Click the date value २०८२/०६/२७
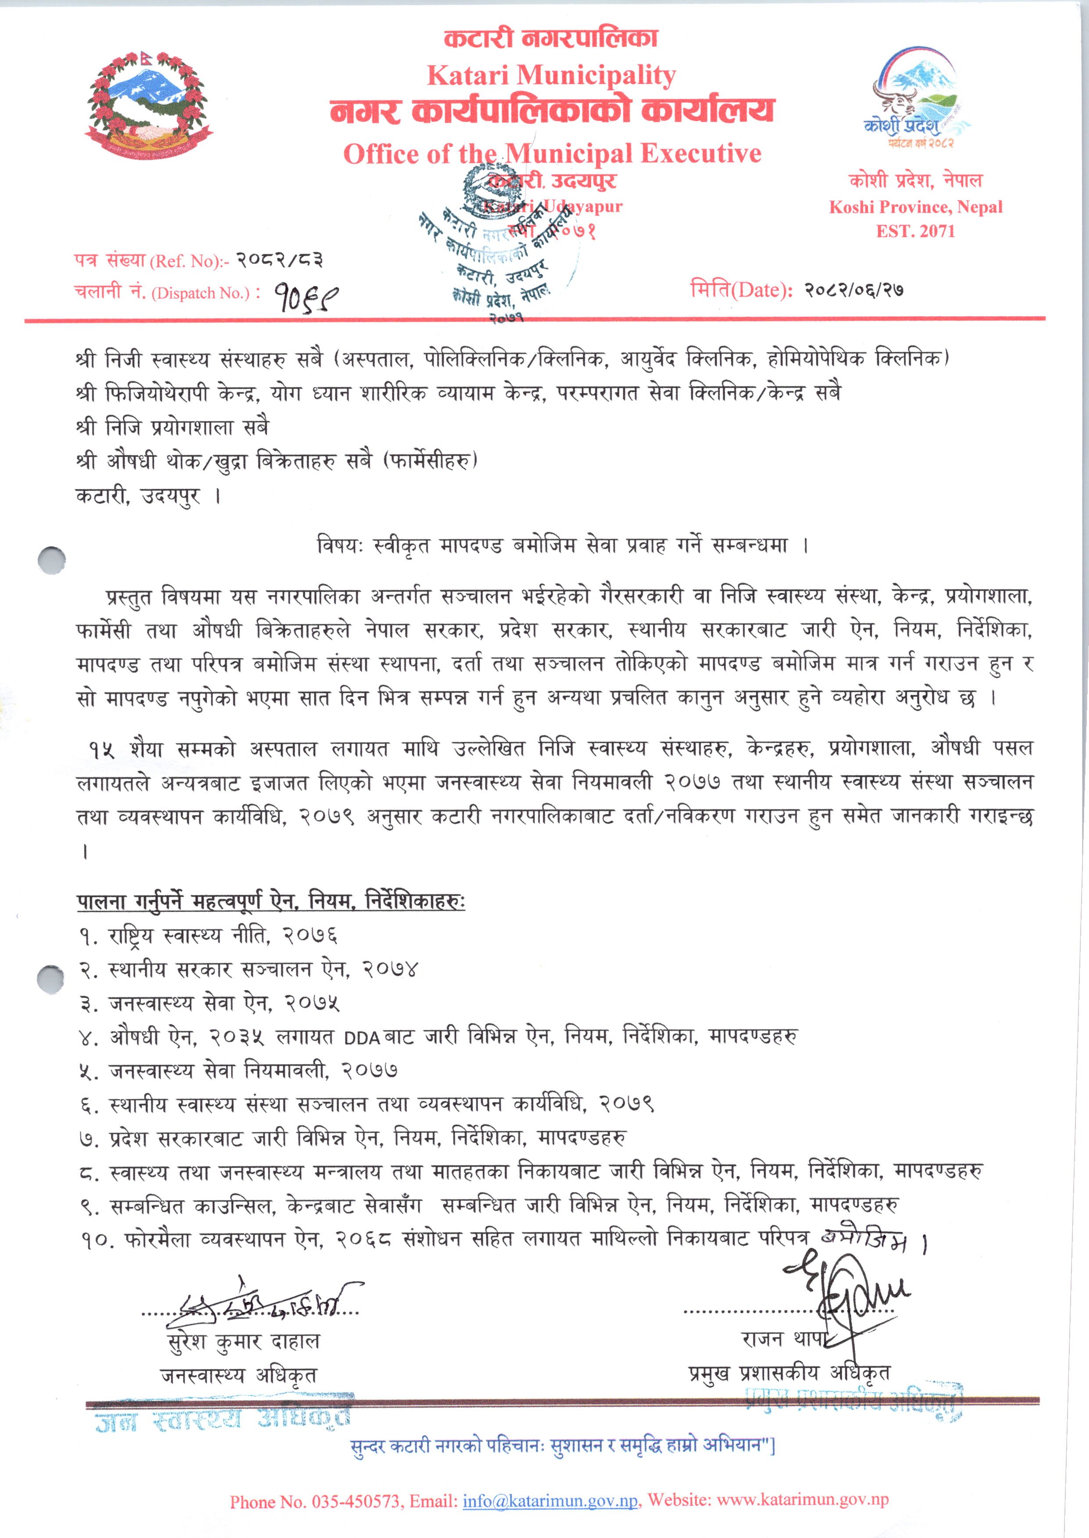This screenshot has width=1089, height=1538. click(x=854, y=290)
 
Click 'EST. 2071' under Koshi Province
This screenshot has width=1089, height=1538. click(x=915, y=231)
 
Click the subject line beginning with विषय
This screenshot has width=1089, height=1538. click(x=562, y=546)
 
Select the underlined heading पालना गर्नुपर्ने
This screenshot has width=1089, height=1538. click(x=270, y=901)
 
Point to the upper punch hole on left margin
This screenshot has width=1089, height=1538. click(x=52, y=560)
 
